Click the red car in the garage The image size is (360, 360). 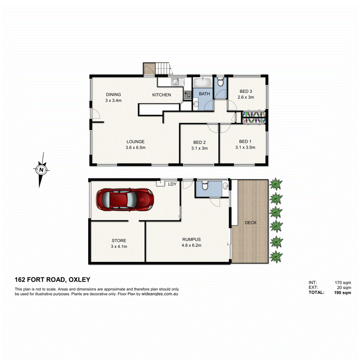(125, 200)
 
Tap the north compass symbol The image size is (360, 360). (41, 170)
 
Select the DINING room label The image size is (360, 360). (113, 94)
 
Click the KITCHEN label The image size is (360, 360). (162, 95)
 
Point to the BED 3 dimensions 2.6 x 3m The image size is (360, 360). (245, 97)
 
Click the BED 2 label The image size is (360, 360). (199, 142)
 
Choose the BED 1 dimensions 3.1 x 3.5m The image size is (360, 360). (245, 147)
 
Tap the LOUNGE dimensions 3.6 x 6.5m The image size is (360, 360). (135, 147)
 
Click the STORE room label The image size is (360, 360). (119, 241)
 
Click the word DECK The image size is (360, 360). (250, 222)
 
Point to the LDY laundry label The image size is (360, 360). (172, 184)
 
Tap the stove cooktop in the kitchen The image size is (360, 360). (187, 95)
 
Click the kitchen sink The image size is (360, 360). (176, 82)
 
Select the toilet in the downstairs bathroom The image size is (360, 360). (204, 186)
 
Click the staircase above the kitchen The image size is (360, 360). (164, 68)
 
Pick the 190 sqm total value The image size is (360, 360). (343, 293)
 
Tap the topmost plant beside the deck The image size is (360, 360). (276, 184)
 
